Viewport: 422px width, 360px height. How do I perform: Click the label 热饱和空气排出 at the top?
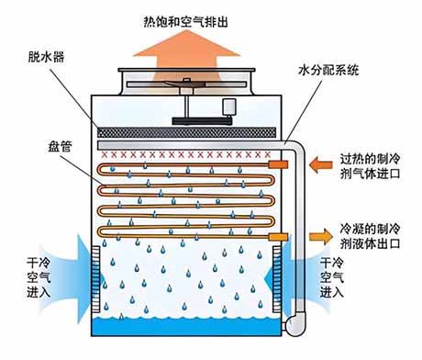[x=185, y=22]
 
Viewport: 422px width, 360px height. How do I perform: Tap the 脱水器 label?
[x=47, y=57]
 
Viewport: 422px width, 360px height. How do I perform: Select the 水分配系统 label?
[x=328, y=70]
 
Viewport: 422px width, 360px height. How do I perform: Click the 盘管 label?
[x=60, y=146]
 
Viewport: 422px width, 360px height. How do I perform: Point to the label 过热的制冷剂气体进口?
[x=371, y=166]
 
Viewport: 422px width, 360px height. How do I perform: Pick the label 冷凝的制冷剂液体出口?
[x=371, y=236]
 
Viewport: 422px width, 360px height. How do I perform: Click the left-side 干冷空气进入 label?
[x=39, y=277]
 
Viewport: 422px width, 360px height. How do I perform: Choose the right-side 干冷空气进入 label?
[x=332, y=277]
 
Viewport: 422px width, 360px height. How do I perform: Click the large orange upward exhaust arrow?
[x=186, y=58]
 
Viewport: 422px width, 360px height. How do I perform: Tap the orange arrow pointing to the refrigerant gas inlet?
[x=321, y=165]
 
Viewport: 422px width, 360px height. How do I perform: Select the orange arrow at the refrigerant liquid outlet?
[x=321, y=236]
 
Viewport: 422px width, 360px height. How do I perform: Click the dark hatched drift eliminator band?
[x=186, y=132]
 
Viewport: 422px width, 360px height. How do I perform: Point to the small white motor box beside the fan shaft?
[x=229, y=107]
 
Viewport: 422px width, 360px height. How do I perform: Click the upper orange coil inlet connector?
[x=278, y=165]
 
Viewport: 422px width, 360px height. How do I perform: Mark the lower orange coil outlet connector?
[x=278, y=237]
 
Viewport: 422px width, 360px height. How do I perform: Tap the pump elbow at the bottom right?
[x=294, y=325]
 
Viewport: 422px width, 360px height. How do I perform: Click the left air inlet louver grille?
[x=95, y=279]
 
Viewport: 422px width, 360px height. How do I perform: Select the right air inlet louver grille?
[x=277, y=279]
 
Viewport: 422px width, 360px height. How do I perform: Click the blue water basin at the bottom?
[x=186, y=327]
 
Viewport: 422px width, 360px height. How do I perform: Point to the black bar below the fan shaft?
[x=202, y=121]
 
